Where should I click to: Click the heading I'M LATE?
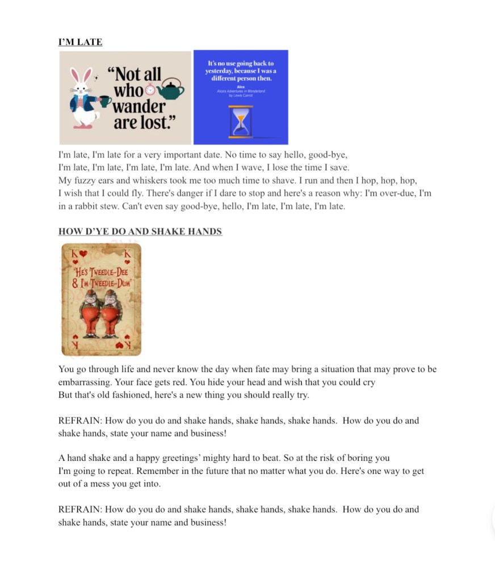[x=80, y=42]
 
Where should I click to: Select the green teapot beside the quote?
[x=171, y=89]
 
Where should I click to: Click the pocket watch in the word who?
[x=150, y=89]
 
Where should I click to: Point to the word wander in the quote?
[x=139, y=106]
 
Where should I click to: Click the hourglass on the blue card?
[x=241, y=122]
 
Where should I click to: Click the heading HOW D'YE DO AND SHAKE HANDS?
[x=140, y=231]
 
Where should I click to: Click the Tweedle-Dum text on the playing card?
[x=112, y=282]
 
